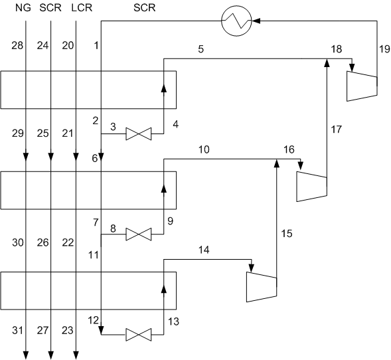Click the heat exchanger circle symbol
click(x=236, y=21)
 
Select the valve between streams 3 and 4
click(x=138, y=134)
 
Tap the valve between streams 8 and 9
click(x=138, y=234)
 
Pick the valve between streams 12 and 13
click(x=138, y=335)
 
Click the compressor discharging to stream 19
click(x=362, y=86)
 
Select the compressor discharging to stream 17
click(x=312, y=187)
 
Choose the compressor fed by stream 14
click(x=262, y=287)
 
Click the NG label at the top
click(x=23, y=8)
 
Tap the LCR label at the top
click(x=82, y=8)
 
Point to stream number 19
click(x=384, y=49)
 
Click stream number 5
click(x=201, y=49)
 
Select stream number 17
click(x=336, y=130)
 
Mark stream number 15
click(x=287, y=234)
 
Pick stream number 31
click(x=17, y=330)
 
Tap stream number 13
click(x=173, y=321)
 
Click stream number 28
click(x=17, y=46)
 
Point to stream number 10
click(x=204, y=149)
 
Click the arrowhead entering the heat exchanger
click(x=256, y=21)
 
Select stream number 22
click(x=68, y=242)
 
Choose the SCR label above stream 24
click(x=50, y=8)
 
